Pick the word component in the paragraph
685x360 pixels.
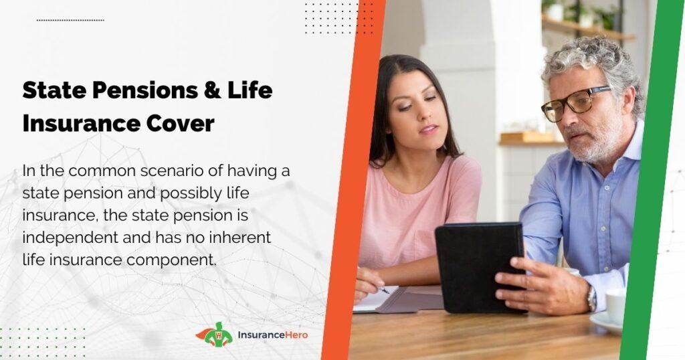[171, 260]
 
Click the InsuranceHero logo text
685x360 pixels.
[273, 335]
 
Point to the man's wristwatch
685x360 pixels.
[592, 299]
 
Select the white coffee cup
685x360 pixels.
[615, 306]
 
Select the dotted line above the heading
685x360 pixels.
[70, 20]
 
